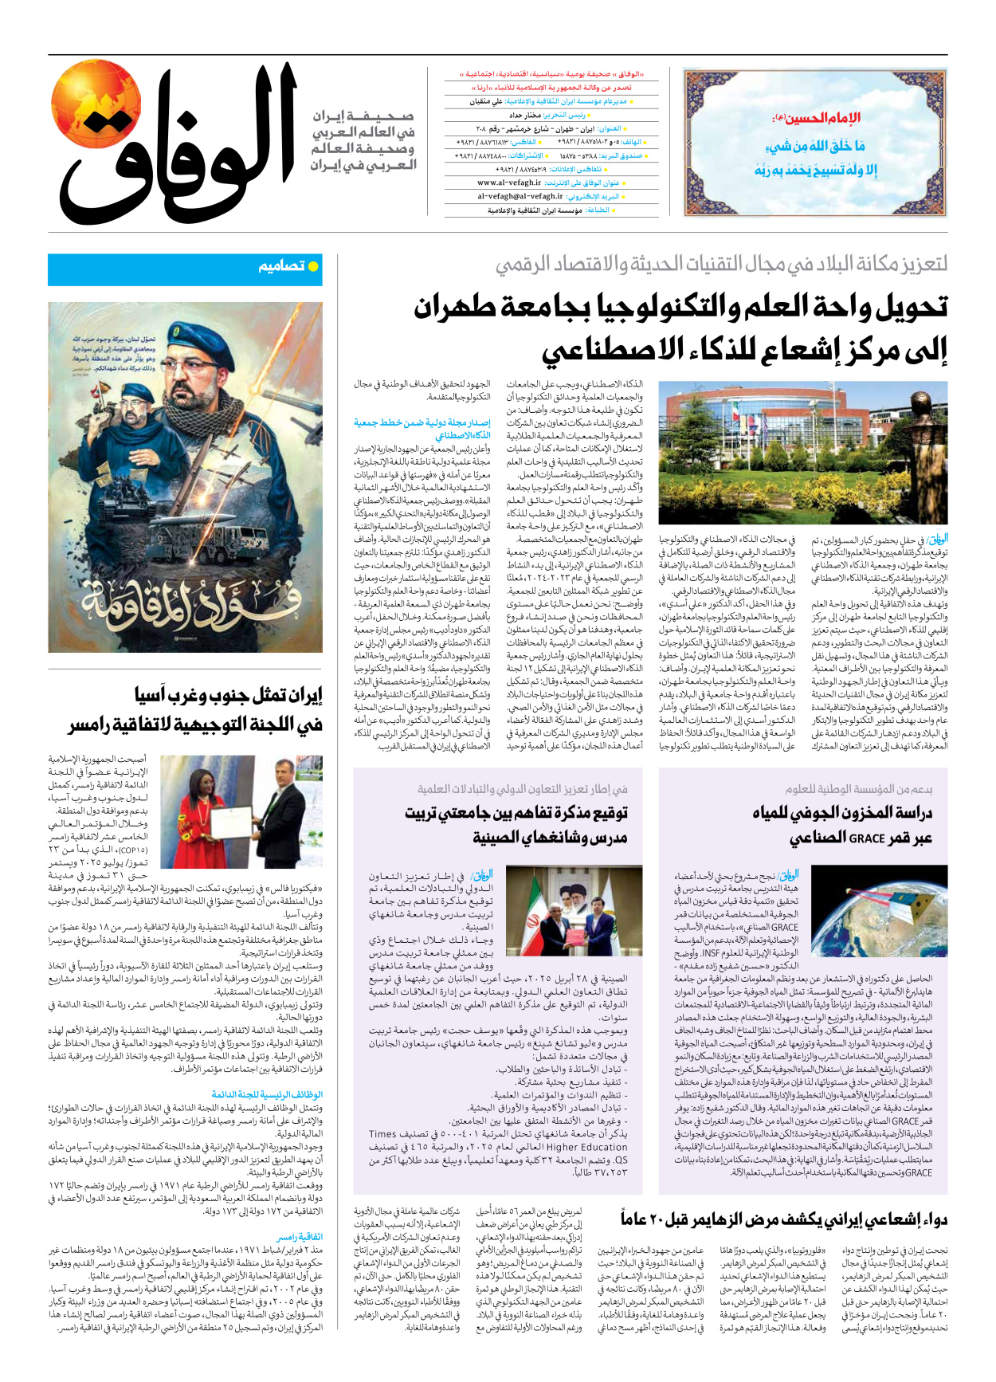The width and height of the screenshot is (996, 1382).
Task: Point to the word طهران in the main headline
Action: click(x=461, y=307)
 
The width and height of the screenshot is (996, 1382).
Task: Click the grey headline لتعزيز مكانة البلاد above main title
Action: click(x=721, y=264)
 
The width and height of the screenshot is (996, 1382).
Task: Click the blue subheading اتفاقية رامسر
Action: click(x=300, y=1237)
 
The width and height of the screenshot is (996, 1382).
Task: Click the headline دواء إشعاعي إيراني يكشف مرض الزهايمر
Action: click(x=784, y=1219)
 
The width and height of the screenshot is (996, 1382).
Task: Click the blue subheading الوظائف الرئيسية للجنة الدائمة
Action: click(x=267, y=1094)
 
